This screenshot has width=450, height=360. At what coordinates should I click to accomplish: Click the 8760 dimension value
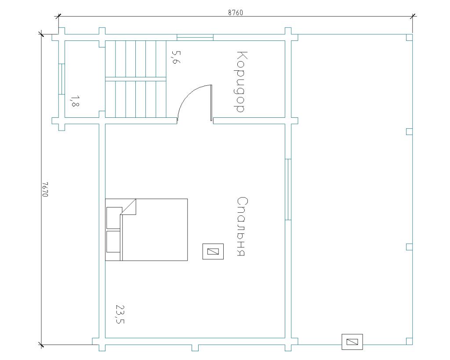click(x=236, y=13)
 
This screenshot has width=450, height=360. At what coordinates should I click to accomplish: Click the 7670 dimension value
click(x=45, y=189)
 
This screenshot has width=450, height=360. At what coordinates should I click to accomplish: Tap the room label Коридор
click(x=240, y=82)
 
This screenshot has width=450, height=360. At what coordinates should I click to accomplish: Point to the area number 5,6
click(x=176, y=57)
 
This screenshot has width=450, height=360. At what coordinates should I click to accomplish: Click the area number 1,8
click(x=75, y=101)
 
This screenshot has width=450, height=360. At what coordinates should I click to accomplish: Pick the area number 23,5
click(x=120, y=314)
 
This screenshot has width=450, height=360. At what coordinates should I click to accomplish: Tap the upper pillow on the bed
click(x=114, y=218)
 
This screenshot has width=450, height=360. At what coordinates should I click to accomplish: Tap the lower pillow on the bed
click(x=113, y=242)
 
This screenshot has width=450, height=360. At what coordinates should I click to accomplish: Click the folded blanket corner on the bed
click(x=129, y=207)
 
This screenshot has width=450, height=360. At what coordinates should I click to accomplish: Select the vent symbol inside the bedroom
click(x=213, y=251)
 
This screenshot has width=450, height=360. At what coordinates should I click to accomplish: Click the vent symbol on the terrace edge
click(x=352, y=342)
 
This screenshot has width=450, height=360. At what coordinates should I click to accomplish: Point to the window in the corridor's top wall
click(x=195, y=37)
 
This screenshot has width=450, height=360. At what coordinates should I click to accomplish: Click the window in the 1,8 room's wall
click(x=62, y=79)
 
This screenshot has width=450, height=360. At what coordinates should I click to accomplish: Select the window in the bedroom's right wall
click(x=288, y=189)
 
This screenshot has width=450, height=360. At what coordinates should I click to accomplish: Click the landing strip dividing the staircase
click(x=135, y=79)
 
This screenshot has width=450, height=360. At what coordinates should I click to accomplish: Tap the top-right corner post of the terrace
click(x=410, y=37)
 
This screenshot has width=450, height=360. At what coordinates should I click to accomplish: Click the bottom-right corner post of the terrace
click(x=410, y=341)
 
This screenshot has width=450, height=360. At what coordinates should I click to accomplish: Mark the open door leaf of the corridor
click(x=211, y=103)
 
